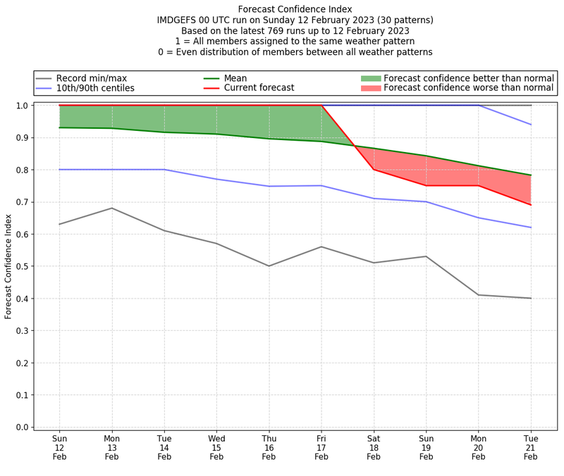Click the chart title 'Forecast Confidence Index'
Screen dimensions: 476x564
[295, 9]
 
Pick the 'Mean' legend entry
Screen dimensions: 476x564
[233, 77]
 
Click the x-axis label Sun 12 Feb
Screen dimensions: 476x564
[59, 447]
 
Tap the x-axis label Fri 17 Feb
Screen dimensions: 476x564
[321, 447]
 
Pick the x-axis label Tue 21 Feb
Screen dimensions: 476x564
[531, 447]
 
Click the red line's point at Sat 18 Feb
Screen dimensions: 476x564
[374, 169]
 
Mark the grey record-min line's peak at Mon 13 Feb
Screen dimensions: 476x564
[111, 208]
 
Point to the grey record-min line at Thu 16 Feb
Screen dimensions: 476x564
[269, 265]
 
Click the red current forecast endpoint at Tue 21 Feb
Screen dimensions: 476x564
[531, 205]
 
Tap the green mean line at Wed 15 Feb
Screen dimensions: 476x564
[216, 134]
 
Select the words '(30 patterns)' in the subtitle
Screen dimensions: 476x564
[398, 20]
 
